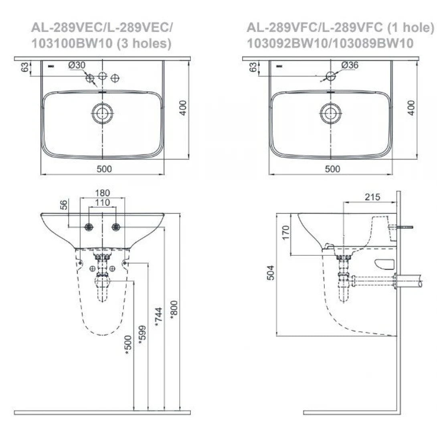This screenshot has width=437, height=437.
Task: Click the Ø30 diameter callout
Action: click(x=77, y=65)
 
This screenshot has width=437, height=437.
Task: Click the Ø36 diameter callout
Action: click(x=350, y=65)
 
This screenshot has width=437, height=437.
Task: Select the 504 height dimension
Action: click(x=271, y=273)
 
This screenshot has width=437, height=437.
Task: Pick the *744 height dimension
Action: click(x=158, y=317)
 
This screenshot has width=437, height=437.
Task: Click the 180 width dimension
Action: click(x=103, y=193)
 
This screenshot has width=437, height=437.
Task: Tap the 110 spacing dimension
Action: click(x=103, y=202)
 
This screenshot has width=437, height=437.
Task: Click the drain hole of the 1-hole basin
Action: click(x=331, y=113)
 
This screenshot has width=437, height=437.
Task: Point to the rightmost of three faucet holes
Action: click(x=115, y=78)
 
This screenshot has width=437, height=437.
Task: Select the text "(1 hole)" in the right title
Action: click(x=411, y=28)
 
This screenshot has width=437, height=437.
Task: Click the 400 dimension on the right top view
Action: click(x=411, y=108)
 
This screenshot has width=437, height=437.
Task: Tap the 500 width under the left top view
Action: click(x=104, y=169)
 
